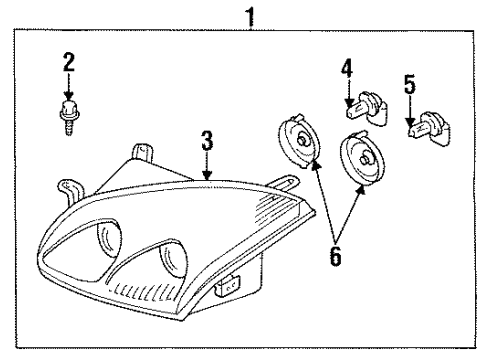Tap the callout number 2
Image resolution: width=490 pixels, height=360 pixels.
tap(69, 62)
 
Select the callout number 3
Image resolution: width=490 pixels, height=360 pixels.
tap(206, 142)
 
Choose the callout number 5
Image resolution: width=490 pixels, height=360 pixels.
tap(408, 83)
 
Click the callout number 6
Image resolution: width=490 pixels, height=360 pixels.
tap(335, 256)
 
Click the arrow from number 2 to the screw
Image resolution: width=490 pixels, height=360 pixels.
tap(69, 87)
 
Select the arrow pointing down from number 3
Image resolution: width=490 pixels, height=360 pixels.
tap(206, 166)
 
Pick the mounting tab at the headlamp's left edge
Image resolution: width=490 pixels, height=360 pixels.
tap(67, 187)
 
